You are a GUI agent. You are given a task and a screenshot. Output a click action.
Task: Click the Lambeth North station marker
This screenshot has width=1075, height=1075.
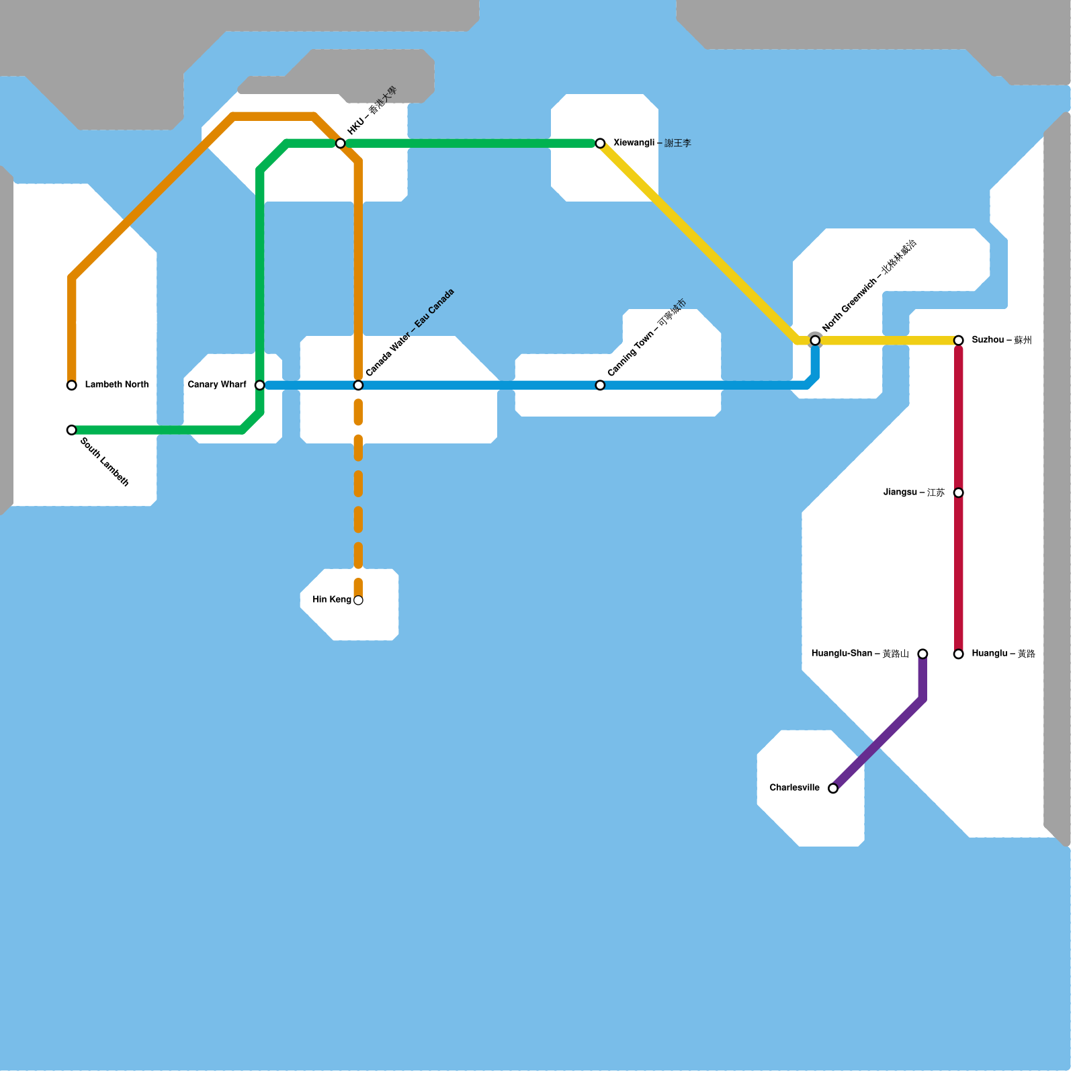72,385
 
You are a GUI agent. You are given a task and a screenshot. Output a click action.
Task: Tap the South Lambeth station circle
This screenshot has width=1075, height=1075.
72,430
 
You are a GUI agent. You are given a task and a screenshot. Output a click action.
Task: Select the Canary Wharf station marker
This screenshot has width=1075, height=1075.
260,385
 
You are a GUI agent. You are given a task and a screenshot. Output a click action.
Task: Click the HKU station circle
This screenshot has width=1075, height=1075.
341,143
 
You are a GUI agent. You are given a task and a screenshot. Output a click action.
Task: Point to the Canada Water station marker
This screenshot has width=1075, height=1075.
358,385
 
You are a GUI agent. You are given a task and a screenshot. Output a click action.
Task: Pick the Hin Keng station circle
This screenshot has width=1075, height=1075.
358,600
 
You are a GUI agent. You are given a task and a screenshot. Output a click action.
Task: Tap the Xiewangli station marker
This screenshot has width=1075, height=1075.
600,143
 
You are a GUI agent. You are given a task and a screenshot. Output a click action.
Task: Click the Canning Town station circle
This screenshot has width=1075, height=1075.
600,385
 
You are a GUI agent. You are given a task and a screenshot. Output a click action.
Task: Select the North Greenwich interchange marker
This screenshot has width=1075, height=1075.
815,341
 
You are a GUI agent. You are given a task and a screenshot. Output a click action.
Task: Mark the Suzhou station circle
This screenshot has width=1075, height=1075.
959,341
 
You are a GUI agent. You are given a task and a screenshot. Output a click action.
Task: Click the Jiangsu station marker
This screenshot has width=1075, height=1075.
959,492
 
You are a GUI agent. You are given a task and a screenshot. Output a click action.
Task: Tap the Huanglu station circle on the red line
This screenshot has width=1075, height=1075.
959,654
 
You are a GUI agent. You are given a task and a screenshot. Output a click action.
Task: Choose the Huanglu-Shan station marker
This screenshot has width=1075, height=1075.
922,654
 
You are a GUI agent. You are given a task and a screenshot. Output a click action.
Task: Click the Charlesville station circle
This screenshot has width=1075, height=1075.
833,788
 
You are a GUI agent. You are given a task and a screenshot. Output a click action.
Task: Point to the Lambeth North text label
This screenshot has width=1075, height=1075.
117,384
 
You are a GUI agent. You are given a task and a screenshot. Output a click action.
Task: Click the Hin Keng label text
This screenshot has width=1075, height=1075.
332,599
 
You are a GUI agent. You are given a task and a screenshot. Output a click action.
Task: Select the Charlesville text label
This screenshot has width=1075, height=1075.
795,787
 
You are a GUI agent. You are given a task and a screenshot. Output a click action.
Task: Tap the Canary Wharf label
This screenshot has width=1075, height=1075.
217,384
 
